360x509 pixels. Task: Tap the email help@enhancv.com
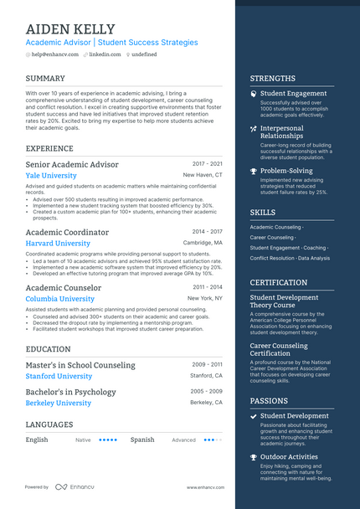coord(55,54)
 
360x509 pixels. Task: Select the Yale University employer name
coord(51,176)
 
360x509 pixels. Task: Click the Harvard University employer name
coord(58,243)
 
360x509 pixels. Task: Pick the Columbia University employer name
coord(60,299)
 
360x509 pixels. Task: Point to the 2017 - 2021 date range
coord(207,164)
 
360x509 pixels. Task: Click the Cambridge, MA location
coord(203,243)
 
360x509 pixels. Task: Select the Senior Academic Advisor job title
coord(72,164)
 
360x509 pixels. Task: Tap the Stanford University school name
coord(59,377)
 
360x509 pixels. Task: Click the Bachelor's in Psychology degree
coord(71,392)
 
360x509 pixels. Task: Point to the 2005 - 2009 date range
coord(207,392)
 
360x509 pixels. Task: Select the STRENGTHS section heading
coord(272,79)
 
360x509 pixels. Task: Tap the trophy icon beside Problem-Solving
coord(254,171)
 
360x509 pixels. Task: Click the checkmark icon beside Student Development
coord(254,416)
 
